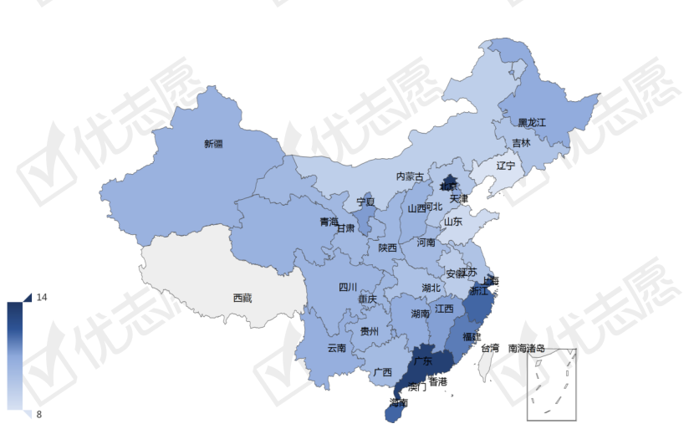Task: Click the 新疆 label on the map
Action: click(213, 144)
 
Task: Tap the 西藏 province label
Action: click(242, 298)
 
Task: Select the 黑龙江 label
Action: click(531, 122)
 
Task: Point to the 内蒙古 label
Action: click(410, 176)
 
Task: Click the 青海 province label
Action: click(329, 222)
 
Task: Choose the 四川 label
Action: click(348, 287)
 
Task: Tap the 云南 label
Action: click(336, 347)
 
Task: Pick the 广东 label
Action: click(422, 361)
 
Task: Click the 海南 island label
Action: click(399, 402)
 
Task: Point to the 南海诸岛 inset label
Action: click(527, 347)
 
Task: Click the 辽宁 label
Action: click(506, 166)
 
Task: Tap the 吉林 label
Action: click(521, 143)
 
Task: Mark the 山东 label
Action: click(452, 222)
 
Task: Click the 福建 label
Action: click(471, 337)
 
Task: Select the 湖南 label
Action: click(421, 314)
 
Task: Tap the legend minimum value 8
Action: click(39, 414)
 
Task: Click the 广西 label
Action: click(383, 372)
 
